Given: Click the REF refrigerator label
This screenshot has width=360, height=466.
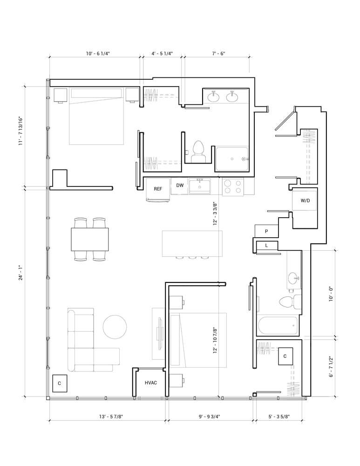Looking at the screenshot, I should [158, 189].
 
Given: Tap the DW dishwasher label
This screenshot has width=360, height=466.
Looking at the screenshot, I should [180, 185].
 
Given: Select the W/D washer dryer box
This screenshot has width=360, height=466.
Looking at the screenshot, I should [305, 201].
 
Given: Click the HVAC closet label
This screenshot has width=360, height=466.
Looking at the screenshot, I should [150, 383].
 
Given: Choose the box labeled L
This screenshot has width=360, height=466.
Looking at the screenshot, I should [266, 246].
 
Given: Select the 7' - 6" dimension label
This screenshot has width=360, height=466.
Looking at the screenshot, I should [218, 54].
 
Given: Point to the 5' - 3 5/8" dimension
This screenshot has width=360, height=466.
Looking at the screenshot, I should [279, 417].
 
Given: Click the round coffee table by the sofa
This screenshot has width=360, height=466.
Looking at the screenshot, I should [115, 327].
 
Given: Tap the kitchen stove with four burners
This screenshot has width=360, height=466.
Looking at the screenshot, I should [233, 187].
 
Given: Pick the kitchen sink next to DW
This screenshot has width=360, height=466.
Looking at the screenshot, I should [200, 186].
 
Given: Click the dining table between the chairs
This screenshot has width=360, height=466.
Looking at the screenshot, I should [90, 240].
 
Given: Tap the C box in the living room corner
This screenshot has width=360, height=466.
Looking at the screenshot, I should [59, 383].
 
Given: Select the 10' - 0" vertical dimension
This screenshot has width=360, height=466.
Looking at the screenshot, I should [331, 294].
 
